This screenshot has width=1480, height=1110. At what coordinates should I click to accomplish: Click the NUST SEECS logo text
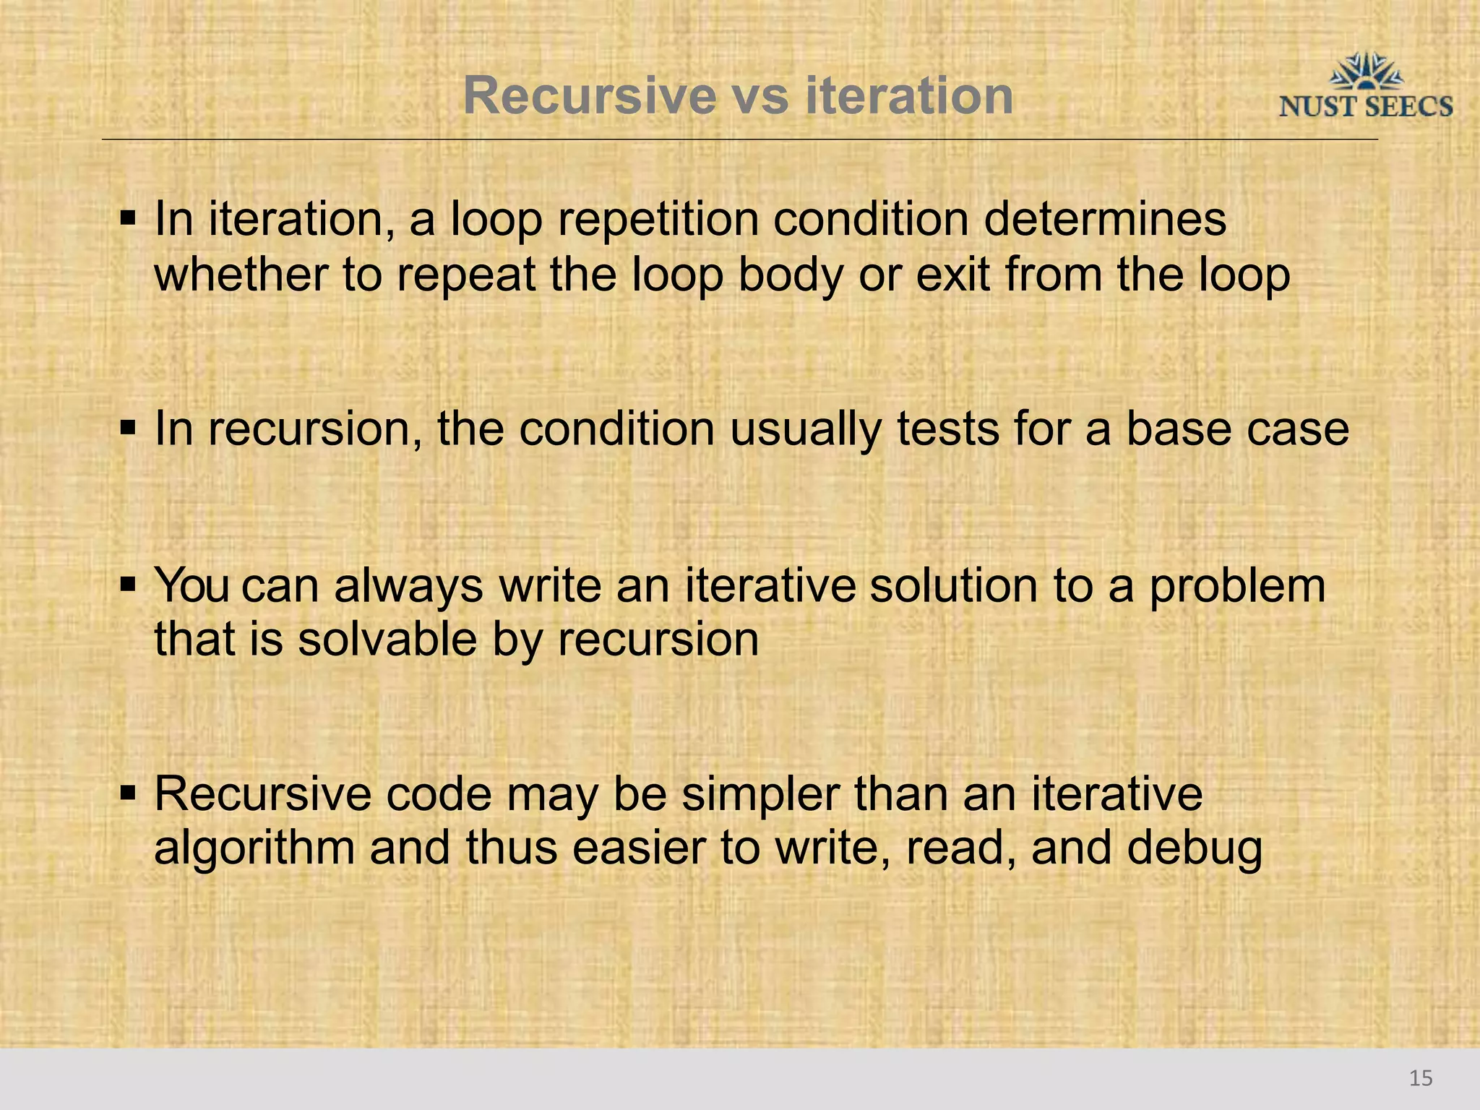(x=1365, y=107)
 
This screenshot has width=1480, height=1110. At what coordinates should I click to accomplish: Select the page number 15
(x=1421, y=1078)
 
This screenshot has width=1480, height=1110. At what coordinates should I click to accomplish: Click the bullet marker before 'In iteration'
(x=129, y=218)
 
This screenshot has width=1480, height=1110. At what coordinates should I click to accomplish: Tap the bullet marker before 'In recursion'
(x=129, y=428)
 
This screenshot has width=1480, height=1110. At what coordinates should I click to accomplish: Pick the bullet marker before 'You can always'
(x=129, y=584)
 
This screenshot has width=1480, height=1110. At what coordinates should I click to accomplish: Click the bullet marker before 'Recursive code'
(x=129, y=793)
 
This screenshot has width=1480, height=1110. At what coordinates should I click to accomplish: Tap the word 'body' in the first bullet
(x=789, y=276)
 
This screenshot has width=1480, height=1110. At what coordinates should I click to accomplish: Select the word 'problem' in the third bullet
(x=1236, y=586)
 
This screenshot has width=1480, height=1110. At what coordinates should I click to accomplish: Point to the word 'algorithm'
(x=254, y=848)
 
